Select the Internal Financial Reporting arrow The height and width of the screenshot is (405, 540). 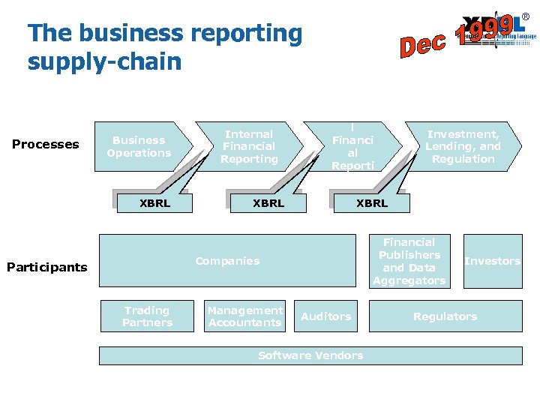coord(249,146)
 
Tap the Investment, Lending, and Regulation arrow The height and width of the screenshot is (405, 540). coord(463,146)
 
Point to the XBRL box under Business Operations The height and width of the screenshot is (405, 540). coord(155,203)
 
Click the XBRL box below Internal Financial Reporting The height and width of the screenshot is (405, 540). coord(268,203)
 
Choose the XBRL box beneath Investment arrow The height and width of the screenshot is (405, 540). coord(372,203)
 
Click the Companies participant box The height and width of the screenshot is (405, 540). coord(227,261)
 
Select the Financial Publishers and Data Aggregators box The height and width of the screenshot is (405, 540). coord(409,261)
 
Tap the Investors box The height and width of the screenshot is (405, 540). coord(492,261)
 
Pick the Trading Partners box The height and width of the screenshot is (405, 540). coord(148,316)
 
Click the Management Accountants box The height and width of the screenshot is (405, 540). coord(245,316)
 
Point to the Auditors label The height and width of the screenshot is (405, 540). coord(325,316)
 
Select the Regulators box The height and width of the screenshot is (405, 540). coord(445,316)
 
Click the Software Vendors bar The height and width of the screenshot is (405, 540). coord(310,355)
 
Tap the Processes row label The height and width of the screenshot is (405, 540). coord(46,144)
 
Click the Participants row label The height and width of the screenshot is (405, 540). coord(46,266)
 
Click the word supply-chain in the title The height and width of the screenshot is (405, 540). coord(104,61)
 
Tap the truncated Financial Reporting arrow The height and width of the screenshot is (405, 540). coord(352,146)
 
